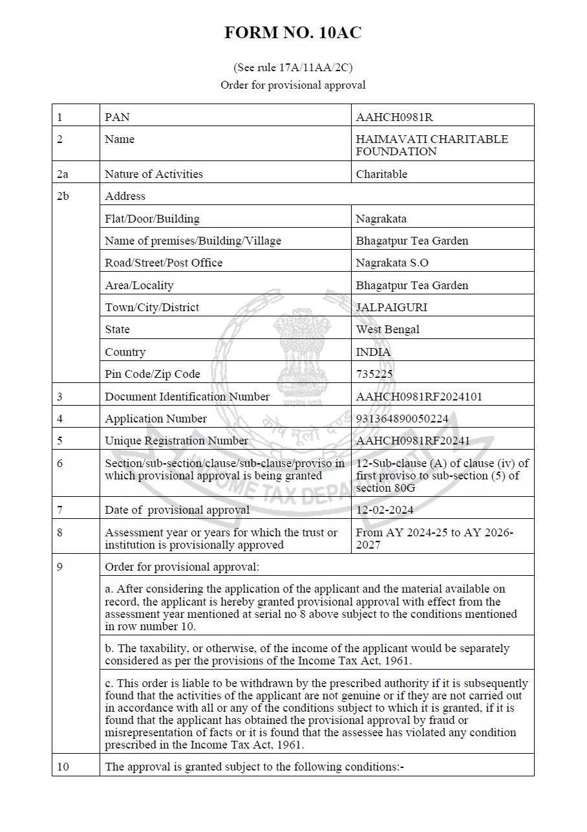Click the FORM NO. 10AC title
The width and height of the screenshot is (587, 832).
click(x=293, y=34)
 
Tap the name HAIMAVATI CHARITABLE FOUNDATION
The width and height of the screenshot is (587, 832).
click(x=432, y=145)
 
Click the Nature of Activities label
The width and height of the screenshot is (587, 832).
click(x=154, y=173)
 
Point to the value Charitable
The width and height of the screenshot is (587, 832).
click(x=381, y=173)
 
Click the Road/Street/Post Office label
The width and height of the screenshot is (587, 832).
click(x=164, y=263)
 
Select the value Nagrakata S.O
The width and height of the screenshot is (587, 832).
click(x=392, y=263)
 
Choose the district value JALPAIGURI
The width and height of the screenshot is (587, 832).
click(x=391, y=307)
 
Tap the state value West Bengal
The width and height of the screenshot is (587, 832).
click(x=387, y=329)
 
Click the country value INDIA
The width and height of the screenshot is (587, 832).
click(x=373, y=352)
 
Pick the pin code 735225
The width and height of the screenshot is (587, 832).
click(x=374, y=374)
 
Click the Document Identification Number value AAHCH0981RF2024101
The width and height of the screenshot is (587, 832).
click(x=419, y=397)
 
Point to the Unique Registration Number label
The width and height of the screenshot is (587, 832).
click(x=176, y=441)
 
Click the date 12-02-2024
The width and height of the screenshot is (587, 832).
click(x=385, y=510)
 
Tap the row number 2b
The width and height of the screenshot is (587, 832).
click(x=63, y=196)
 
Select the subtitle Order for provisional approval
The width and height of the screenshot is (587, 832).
click(x=293, y=85)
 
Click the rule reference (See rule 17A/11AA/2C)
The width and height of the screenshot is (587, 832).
click(x=293, y=67)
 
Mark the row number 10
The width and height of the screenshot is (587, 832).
click(x=63, y=767)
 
